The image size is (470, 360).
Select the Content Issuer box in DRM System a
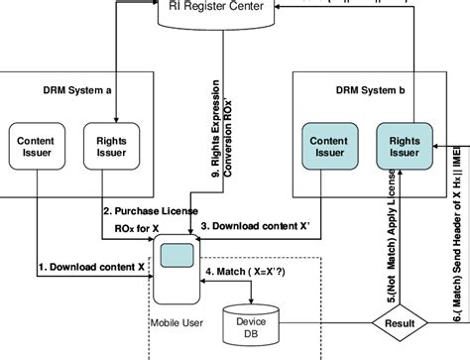42,147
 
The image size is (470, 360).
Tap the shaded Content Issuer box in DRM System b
326,147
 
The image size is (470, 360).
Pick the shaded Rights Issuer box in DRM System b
401,147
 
